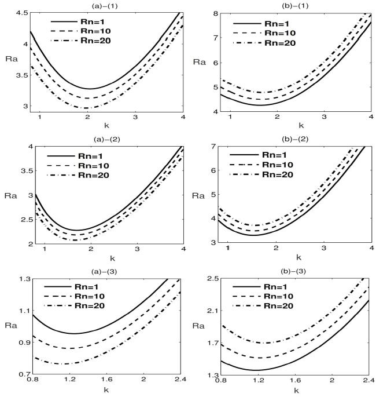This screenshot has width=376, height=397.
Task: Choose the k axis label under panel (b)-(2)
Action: click(299, 257)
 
